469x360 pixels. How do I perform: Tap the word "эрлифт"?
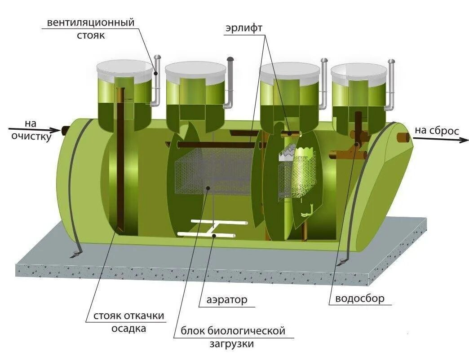(244, 27)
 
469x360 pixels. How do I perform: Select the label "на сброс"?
(437, 131)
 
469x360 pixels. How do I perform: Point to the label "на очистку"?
(31, 130)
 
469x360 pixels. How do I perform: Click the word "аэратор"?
(227, 299)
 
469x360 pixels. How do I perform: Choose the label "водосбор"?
(360, 299)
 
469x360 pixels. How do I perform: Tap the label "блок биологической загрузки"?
(233, 338)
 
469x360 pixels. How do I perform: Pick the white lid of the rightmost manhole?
(359, 70)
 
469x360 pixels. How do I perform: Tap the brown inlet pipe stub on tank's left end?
(66, 131)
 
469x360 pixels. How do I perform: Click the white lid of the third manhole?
(290, 70)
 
